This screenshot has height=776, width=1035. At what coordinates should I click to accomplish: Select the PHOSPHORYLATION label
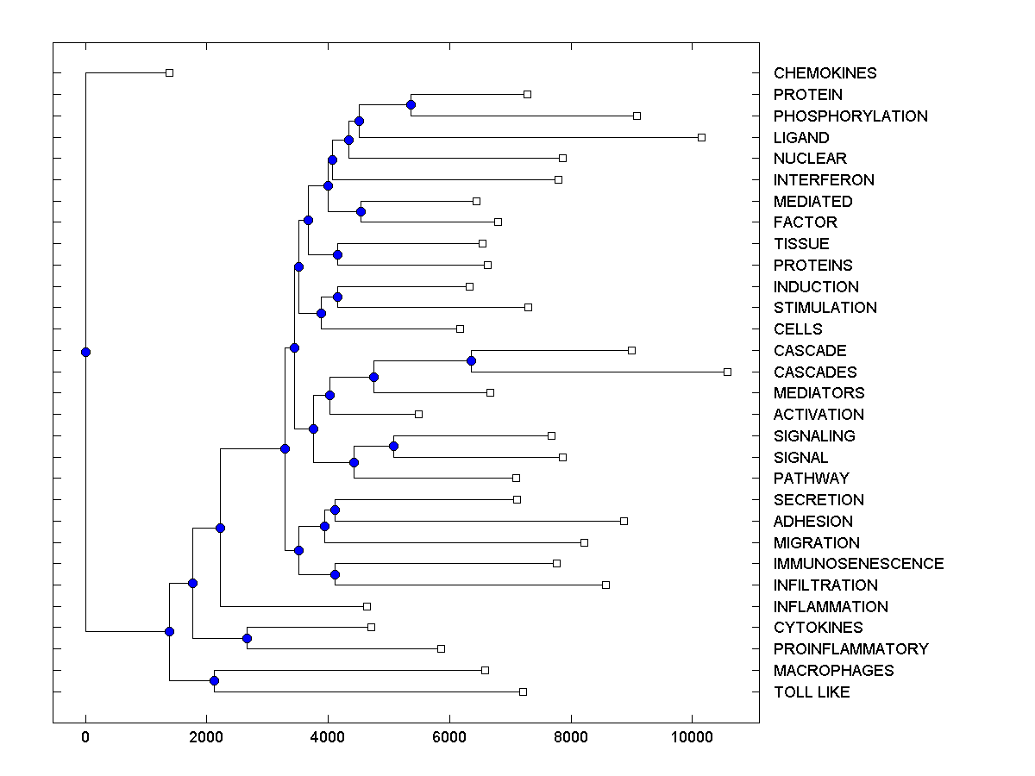coord(850,116)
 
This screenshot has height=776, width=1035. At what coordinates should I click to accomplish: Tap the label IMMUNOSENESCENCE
coord(858,564)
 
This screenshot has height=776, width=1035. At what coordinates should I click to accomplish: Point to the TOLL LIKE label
coord(812,692)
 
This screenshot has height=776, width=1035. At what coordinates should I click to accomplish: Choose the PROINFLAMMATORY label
coord(850,649)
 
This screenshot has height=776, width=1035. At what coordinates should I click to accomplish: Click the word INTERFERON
coord(824,180)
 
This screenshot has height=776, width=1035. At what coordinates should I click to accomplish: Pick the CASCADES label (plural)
coord(815,372)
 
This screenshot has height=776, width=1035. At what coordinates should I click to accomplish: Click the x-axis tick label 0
coord(85,735)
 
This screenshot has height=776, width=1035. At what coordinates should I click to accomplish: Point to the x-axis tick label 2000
coord(206,735)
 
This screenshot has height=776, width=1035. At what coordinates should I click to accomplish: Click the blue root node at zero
coord(85,352)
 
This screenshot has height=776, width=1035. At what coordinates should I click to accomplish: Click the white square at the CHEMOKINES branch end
coord(169,72)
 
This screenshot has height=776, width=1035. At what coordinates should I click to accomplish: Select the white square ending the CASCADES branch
coord(727,372)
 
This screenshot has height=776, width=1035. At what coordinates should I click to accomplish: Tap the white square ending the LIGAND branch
coord(701,137)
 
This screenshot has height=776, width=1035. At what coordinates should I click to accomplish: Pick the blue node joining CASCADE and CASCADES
coord(471,360)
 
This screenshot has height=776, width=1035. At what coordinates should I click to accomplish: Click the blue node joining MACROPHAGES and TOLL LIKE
coord(214,681)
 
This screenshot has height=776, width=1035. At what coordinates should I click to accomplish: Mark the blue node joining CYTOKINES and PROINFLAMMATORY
coord(247,638)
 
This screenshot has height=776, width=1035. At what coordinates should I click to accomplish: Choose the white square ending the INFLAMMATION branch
coord(367,606)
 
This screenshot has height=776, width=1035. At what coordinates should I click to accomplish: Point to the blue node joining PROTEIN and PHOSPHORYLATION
coord(411,105)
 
